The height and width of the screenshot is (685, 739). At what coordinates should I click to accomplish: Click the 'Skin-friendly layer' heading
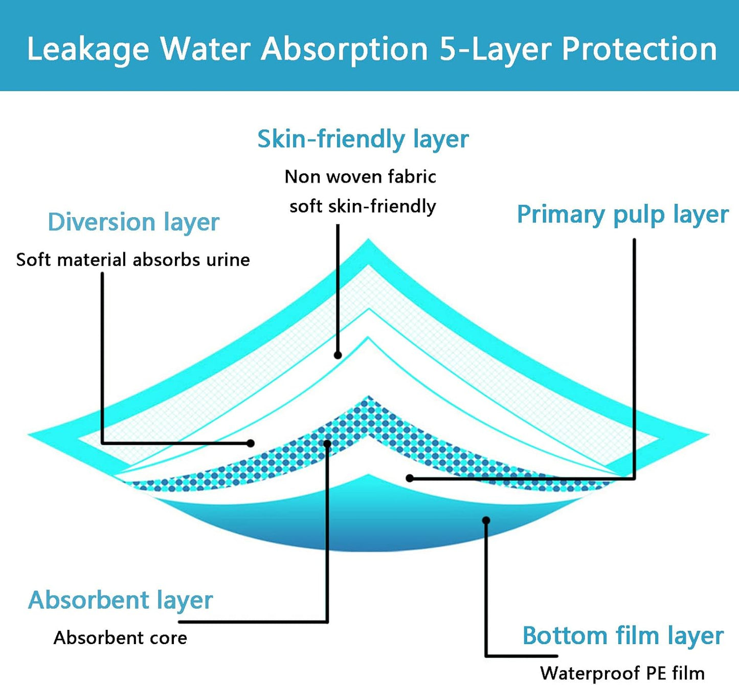(363, 139)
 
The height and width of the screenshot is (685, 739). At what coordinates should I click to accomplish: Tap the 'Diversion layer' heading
(133, 222)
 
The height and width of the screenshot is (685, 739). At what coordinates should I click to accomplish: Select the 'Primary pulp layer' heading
(622, 214)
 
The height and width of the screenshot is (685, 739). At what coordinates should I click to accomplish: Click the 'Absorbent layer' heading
(120, 600)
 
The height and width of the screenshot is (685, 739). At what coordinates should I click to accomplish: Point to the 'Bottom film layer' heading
(622, 636)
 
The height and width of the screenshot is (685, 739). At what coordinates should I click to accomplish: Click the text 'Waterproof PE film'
(622, 673)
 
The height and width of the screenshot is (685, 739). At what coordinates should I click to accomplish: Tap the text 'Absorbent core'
(120, 637)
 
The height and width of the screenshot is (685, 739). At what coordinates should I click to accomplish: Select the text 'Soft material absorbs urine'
(133, 260)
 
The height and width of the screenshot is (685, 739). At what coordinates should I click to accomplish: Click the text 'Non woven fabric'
(360, 177)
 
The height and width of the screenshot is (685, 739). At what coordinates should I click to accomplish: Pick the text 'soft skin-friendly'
(363, 206)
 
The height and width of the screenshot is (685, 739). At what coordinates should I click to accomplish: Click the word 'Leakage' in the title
(87, 50)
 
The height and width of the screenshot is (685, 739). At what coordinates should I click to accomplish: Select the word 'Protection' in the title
(639, 50)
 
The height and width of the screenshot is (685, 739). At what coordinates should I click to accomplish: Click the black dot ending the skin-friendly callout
(338, 355)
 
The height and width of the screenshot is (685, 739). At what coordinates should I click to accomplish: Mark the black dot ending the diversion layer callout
(251, 443)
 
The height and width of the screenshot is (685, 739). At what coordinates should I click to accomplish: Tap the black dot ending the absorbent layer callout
(327, 443)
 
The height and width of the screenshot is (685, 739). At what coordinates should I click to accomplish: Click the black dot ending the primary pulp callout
(410, 478)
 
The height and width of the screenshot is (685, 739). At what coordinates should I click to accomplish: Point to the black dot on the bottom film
(486, 520)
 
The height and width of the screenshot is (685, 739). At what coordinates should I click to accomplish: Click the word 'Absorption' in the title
(345, 50)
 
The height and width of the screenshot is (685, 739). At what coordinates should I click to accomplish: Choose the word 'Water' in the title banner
(205, 50)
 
